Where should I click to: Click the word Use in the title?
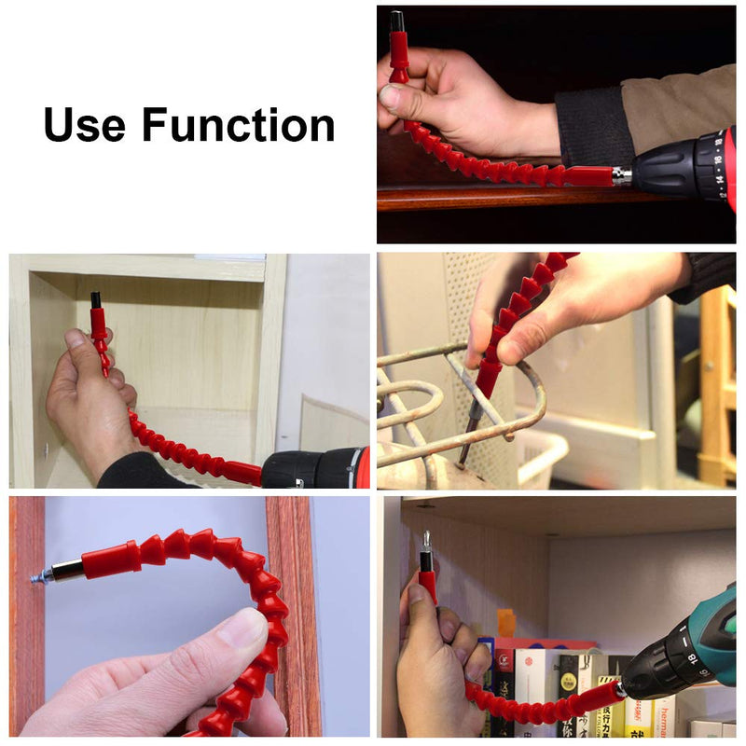(x=85, y=125)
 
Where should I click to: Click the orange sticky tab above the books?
(x=505, y=622)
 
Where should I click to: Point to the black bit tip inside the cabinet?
(x=96, y=299)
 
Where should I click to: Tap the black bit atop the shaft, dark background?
(x=397, y=21)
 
